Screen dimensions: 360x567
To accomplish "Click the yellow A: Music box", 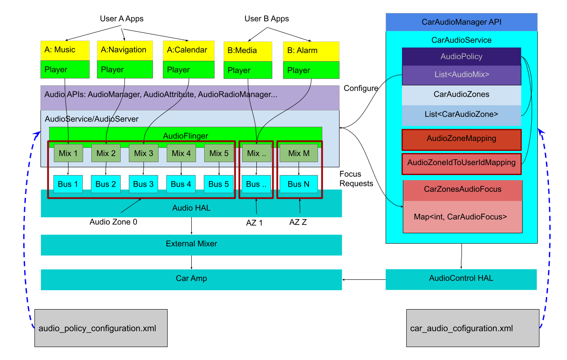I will point(65,50).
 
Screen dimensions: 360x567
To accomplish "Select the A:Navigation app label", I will point(124,50).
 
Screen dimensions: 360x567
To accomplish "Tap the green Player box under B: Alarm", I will point(311,70).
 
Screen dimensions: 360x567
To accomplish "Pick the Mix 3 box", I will point(143,153).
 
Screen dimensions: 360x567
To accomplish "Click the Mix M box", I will point(299,153).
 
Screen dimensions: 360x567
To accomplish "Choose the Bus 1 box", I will point(68,184).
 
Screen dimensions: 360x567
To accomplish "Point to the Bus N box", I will point(299,184).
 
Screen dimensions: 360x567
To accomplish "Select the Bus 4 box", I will point(181,184).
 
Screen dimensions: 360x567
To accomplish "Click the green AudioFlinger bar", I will point(185,136).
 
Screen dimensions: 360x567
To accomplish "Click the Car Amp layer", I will point(191,279).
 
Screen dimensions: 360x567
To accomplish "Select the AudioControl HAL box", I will point(461,279).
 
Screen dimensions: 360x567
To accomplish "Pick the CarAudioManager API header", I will point(461,22).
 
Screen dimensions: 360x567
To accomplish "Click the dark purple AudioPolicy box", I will point(461,56).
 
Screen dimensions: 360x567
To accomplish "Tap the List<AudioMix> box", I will point(461,75).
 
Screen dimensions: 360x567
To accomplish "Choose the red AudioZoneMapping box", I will point(461,139).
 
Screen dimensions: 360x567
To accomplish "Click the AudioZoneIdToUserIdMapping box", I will point(461,163).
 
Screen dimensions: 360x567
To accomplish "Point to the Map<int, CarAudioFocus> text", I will point(460,217).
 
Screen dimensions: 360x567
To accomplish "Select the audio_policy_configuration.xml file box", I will point(101,328).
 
